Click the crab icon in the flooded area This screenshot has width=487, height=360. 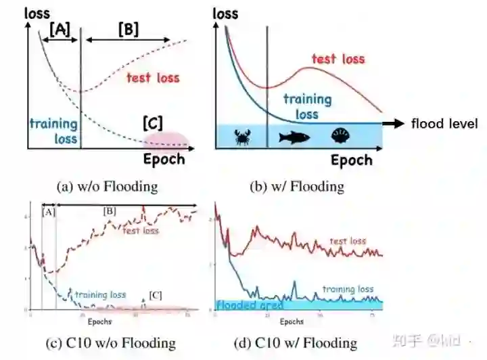click(241, 138)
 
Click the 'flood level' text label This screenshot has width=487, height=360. click(444, 123)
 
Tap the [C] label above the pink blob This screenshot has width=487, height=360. click(154, 124)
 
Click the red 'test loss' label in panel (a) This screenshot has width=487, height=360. click(154, 77)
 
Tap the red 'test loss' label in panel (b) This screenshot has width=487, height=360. click(338, 59)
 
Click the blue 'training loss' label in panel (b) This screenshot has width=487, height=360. click(308, 106)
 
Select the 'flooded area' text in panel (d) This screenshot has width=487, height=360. click(249, 305)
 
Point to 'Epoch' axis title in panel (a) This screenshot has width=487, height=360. click(164, 160)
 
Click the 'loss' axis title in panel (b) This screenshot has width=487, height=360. click(225, 13)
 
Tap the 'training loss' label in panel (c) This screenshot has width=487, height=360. click(100, 295)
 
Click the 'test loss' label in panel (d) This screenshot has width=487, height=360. click(348, 241)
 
